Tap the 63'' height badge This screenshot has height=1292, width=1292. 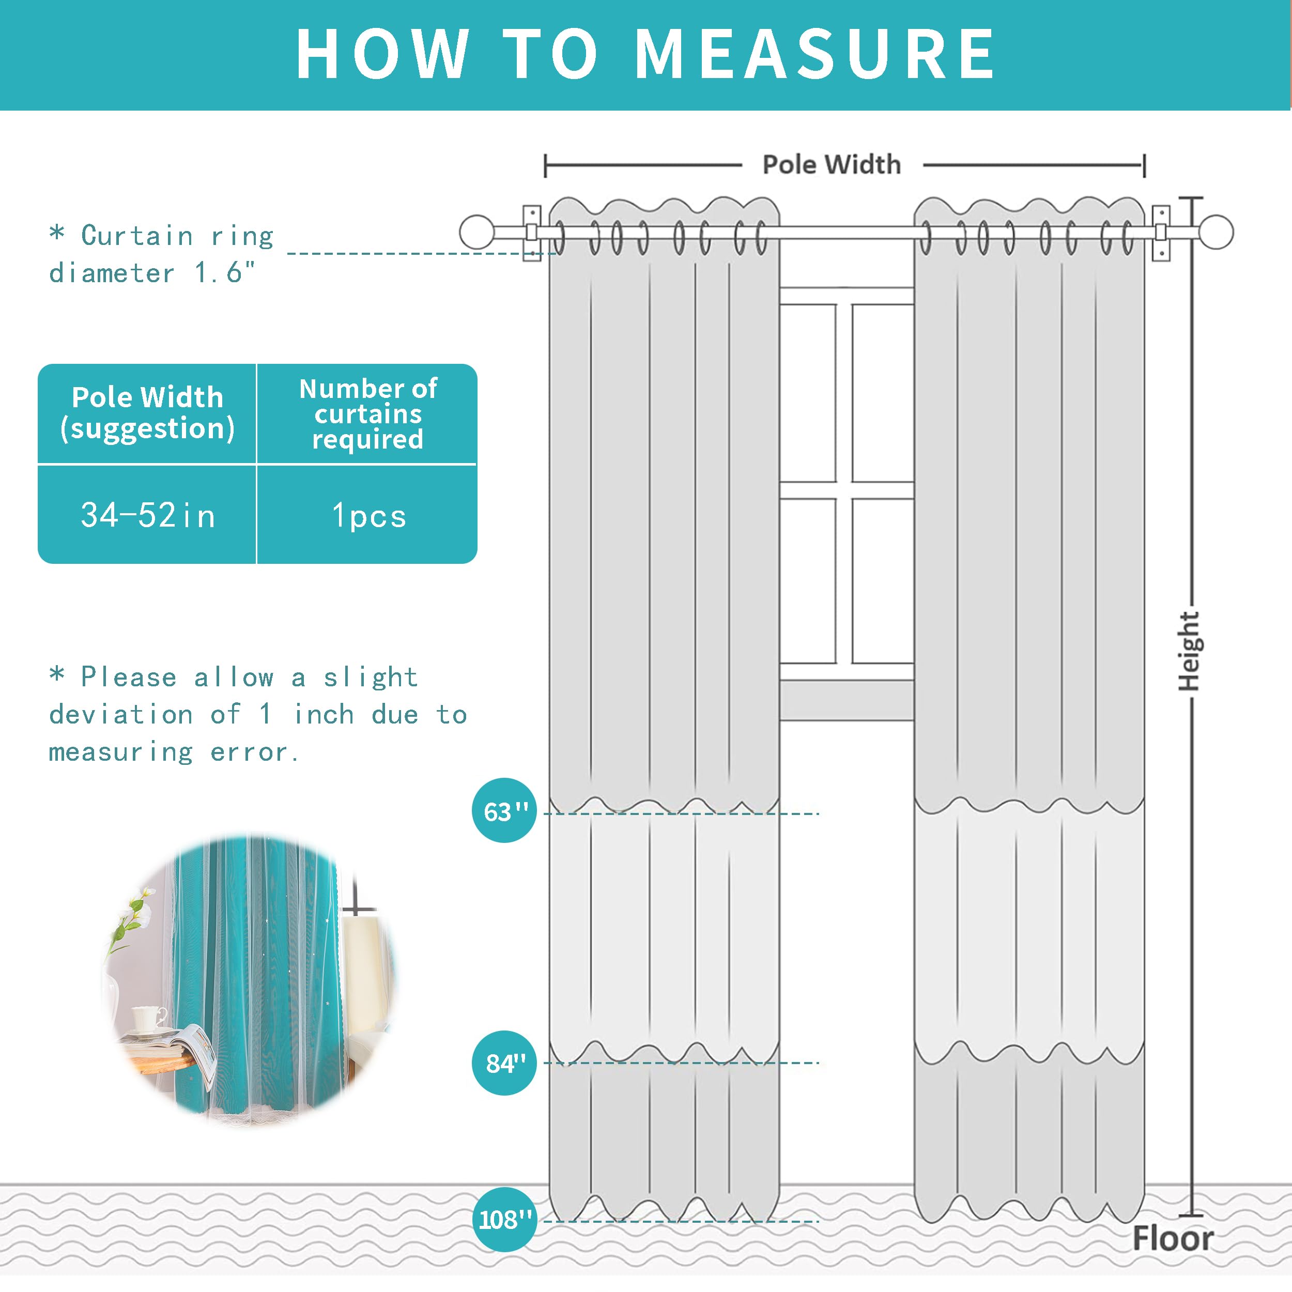(x=504, y=810)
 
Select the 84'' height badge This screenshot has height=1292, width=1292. (x=504, y=1063)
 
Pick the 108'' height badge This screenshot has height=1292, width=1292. (x=504, y=1219)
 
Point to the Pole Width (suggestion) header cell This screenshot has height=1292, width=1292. (x=147, y=412)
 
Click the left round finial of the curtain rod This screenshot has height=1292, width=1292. (x=477, y=232)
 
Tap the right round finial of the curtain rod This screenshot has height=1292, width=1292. (x=1216, y=232)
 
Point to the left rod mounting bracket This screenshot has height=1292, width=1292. (x=532, y=233)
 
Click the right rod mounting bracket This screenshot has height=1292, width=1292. (x=1161, y=233)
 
